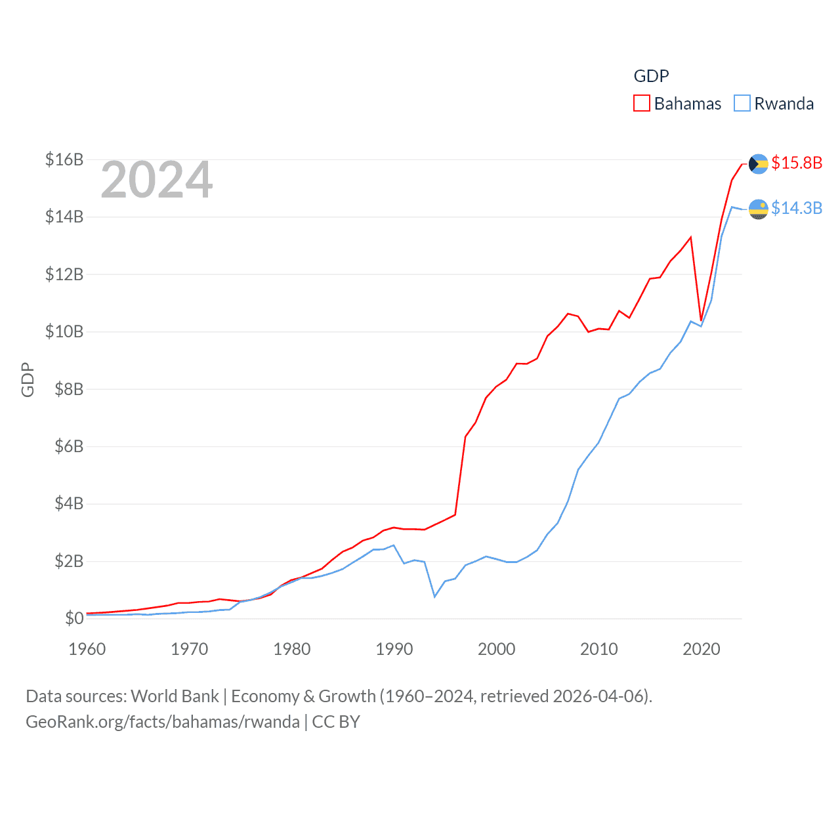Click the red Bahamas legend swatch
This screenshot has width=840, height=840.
(641, 104)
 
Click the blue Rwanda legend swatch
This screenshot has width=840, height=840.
(742, 104)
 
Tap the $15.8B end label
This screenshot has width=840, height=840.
(797, 163)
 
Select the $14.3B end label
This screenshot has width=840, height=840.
(797, 208)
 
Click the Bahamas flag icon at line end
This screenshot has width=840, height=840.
(758, 163)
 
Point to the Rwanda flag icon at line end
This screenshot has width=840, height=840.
(758, 209)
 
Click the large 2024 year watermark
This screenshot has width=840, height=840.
(157, 180)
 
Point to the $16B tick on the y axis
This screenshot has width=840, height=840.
(64, 159)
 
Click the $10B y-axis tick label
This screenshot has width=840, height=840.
(64, 331)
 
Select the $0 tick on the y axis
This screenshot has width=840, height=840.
(74, 618)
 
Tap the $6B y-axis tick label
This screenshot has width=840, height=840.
(69, 446)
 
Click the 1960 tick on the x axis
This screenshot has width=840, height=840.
(87, 649)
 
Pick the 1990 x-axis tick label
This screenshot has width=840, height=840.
(394, 649)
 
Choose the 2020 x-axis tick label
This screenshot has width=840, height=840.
(702, 649)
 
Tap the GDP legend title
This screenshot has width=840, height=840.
(651, 76)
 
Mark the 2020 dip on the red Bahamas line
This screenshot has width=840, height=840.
(702, 320)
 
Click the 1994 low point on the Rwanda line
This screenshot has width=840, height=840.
(434, 596)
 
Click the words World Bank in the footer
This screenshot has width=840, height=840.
(175, 696)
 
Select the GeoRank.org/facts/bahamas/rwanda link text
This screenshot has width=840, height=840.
(163, 722)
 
